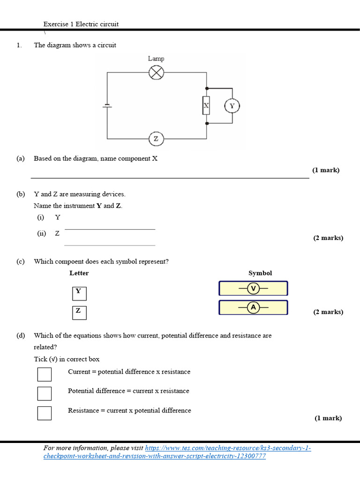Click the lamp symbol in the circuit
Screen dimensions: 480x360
[156, 73]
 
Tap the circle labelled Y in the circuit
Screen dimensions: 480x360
[232, 106]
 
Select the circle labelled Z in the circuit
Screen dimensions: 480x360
[156, 139]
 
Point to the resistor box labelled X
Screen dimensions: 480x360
[206, 106]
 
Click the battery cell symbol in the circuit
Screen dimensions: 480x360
[107, 106]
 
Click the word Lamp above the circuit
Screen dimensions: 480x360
[156, 59]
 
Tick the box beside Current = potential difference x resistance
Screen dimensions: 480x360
[45, 375]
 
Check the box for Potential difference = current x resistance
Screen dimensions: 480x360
[45, 393]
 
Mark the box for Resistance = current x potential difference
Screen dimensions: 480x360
[45, 412]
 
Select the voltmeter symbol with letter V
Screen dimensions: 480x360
[253, 288]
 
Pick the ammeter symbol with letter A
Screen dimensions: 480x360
[253, 307]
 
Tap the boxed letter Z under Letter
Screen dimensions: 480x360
[79, 312]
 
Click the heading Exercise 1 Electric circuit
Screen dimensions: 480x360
[81, 24]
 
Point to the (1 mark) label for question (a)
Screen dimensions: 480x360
[326, 170]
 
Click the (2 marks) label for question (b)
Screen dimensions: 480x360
[328, 238]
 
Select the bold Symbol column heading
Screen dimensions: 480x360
[260, 273]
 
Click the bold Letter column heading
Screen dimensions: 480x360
[79, 273]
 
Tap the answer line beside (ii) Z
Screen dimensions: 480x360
[110, 245]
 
